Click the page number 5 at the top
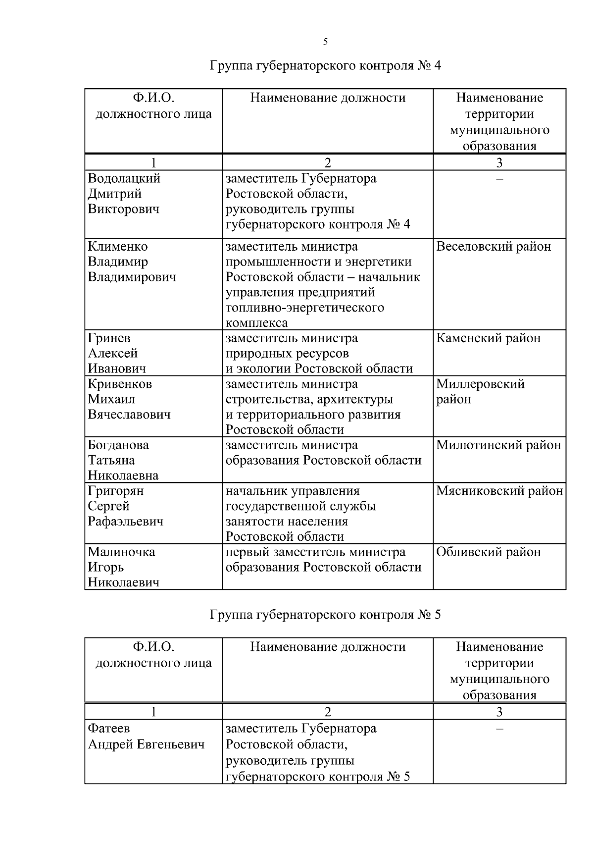click(x=325, y=42)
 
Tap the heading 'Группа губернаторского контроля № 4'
click(x=325, y=66)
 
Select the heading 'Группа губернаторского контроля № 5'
click(x=325, y=615)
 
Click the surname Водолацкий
click(x=124, y=178)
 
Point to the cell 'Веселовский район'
click(x=494, y=247)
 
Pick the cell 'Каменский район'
click(x=489, y=338)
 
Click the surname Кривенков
click(x=120, y=384)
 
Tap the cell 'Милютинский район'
click(x=498, y=445)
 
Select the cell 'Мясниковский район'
click(x=499, y=491)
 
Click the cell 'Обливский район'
click(x=489, y=552)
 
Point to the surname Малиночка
click(x=122, y=552)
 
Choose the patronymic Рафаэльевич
click(x=126, y=522)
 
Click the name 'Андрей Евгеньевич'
click(x=147, y=744)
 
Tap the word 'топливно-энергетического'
click(x=305, y=308)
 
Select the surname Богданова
click(x=118, y=445)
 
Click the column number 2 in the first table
click(x=328, y=163)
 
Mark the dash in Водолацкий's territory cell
click(x=499, y=179)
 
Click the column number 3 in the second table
click(x=499, y=712)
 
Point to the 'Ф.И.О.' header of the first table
click(x=153, y=98)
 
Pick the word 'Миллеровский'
click(x=480, y=384)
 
